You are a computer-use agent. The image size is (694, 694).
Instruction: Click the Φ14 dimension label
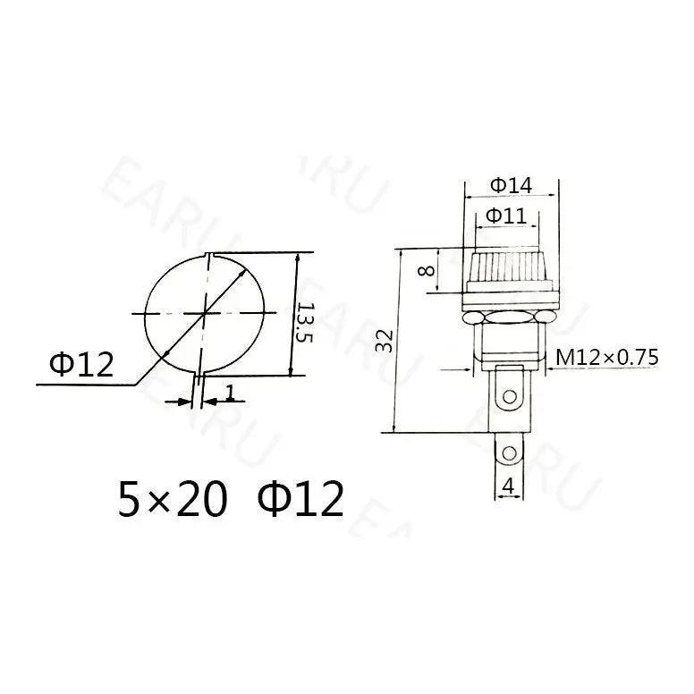pos(511,185)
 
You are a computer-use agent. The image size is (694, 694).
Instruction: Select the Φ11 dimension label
pos(506,216)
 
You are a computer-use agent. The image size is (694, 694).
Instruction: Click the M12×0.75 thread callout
pos(607,358)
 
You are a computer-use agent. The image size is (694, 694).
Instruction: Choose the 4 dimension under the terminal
pos(508,488)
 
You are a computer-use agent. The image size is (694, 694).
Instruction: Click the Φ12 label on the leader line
pos(82,364)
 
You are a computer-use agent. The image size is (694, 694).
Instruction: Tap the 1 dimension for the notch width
pos(230,392)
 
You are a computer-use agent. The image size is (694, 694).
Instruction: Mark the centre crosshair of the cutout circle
pos(205,313)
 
